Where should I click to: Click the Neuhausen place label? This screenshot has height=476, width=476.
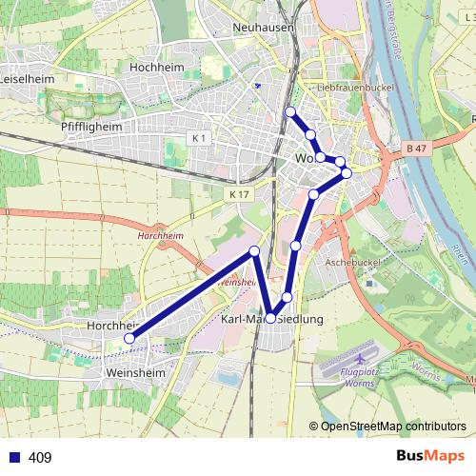click(x=264, y=28)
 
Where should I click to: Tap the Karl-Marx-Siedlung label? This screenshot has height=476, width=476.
click(x=272, y=319)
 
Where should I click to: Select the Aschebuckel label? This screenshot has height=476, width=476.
click(x=353, y=260)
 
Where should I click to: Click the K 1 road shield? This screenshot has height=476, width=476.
click(x=199, y=139)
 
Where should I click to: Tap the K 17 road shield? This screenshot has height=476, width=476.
click(x=238, y=194)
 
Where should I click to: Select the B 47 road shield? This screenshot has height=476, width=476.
click(x=415, y=149)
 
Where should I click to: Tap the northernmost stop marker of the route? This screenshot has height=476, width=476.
click(x=290, y=112)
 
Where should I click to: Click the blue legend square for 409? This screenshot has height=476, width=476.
click(x=12, y=458)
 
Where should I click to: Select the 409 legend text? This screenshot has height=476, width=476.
click(x=40, y=458)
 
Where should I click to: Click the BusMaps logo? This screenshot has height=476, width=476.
click(x=430, y=457)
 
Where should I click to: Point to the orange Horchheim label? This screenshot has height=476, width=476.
click(x=159, y=233)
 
